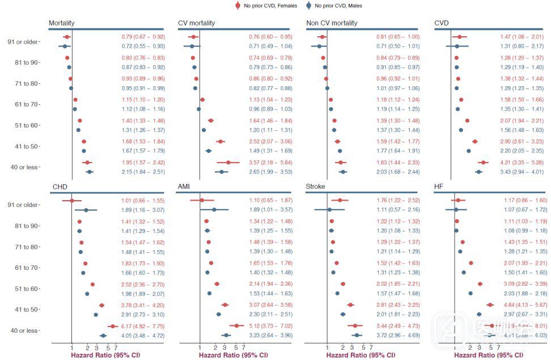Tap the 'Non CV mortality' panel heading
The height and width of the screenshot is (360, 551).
point(332,23)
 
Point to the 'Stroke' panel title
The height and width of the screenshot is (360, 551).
point(315,187)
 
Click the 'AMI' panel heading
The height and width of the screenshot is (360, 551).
point(185,187)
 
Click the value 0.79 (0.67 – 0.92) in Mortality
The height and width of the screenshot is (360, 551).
point(143,37)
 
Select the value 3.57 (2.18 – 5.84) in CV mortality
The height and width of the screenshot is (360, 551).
point(271,163)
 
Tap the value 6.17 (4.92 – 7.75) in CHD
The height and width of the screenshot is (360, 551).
point(143,327)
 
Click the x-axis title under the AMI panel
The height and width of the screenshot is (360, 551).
point(233,355)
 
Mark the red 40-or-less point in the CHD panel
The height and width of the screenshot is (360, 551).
point(112,327)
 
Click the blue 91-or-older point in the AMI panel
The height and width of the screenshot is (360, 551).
point(214,210)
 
